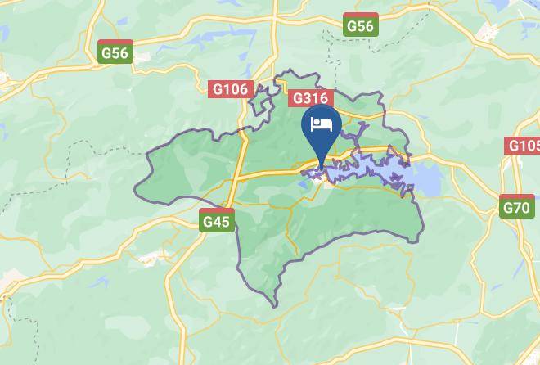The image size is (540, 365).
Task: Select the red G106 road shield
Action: [229, 88]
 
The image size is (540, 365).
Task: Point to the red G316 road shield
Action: [311, 97]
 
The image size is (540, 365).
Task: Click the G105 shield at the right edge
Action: [524, 146]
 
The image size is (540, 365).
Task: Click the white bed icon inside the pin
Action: [322, 125]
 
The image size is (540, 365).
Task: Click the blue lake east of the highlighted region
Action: [427, 176]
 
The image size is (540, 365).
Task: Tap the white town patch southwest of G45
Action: [150, 259]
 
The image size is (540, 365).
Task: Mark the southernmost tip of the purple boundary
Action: [276, 307]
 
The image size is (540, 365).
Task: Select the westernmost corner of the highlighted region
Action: [136, 193]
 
